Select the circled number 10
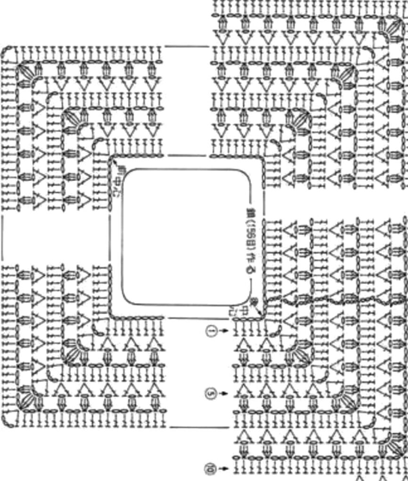click(x=208, y=468)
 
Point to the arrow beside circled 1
click(x=224, y=331)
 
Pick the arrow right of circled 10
click(x=223, y=468)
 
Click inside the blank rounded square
click(x=186, y=237)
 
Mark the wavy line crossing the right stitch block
click(x=329, y=298)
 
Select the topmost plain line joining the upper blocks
click(x=187, y=47)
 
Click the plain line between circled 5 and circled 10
click(x=200, y=427)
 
